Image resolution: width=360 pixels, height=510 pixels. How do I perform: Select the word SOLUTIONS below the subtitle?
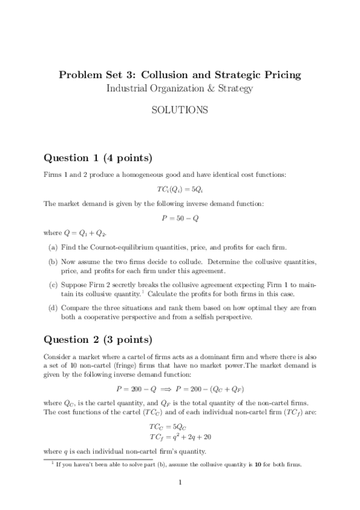point(180,111)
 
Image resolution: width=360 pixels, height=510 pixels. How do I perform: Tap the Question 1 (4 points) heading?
point(98,158)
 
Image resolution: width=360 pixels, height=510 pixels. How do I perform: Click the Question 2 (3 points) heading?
point(98,339)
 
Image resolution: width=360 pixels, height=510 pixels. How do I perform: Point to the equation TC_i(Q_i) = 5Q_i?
point(180,188)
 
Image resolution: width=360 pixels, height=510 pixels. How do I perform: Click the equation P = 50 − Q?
point(180,218)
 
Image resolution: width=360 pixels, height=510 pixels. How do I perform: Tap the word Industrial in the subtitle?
point(128,89)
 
